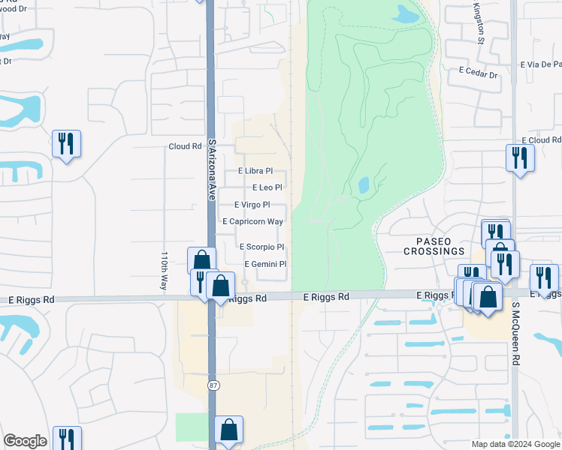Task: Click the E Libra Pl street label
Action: coord(255,171)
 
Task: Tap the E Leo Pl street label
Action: coord(267,187)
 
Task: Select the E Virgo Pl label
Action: coord(252,205)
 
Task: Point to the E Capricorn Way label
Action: coord(253,221)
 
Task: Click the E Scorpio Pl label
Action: coord(261,247)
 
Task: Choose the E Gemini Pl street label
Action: coord(266,264)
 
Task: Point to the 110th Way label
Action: coord(163,271)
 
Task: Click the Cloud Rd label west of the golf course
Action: coord(186,146)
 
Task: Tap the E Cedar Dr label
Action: coord(479,75)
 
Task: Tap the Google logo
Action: coord(25,441)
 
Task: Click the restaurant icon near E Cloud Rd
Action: coord(519,158)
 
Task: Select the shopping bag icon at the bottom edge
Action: coord(229,430)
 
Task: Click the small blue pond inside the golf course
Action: coord(364,184)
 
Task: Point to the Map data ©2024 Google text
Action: coord(515,444)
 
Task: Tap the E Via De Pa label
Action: coord(541,64)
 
